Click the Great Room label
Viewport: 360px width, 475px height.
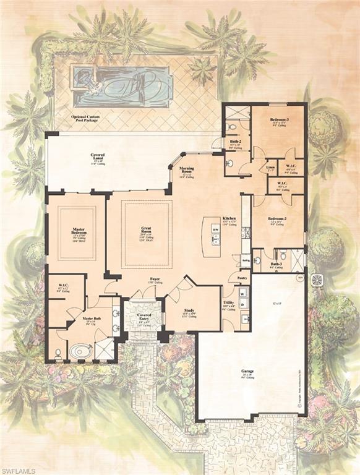[x=146, y=228]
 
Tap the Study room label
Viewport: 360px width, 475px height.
[x=189, y=310]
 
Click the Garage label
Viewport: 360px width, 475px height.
[x=247, y=371]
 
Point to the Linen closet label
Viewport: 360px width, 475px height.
[x=270, y=166]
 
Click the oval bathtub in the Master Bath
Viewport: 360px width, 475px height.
[x=80, y=351]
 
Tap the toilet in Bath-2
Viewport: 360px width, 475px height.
[x=231, y=128]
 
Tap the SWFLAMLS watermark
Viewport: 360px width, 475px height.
[x=19, y=469]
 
